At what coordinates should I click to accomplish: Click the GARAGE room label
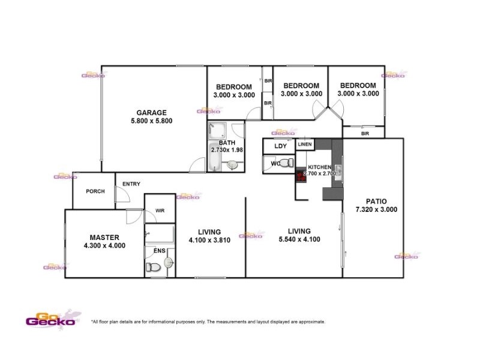click(x=151, y=112)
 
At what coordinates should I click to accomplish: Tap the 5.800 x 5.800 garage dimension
click(x=151, y=121)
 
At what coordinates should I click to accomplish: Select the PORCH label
click(x=95, y=191)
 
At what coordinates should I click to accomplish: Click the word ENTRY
click(x=131, y=184)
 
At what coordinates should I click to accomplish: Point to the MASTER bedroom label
click(x=105, y=237)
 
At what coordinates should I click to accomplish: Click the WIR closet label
click(x=160, y=211)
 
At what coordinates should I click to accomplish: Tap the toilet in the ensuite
click(x=155, y=269)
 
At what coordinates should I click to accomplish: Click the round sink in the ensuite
click(x=169, y=262)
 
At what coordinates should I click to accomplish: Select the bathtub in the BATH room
click(x=215, y=158)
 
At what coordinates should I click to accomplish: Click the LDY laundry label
click(x=280, y=146)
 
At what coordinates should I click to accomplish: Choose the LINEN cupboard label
click(x=305, y=145)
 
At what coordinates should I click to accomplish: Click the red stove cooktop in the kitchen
click(x=300, y=175)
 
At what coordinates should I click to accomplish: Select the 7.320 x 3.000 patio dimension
click(x=376, y=210)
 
